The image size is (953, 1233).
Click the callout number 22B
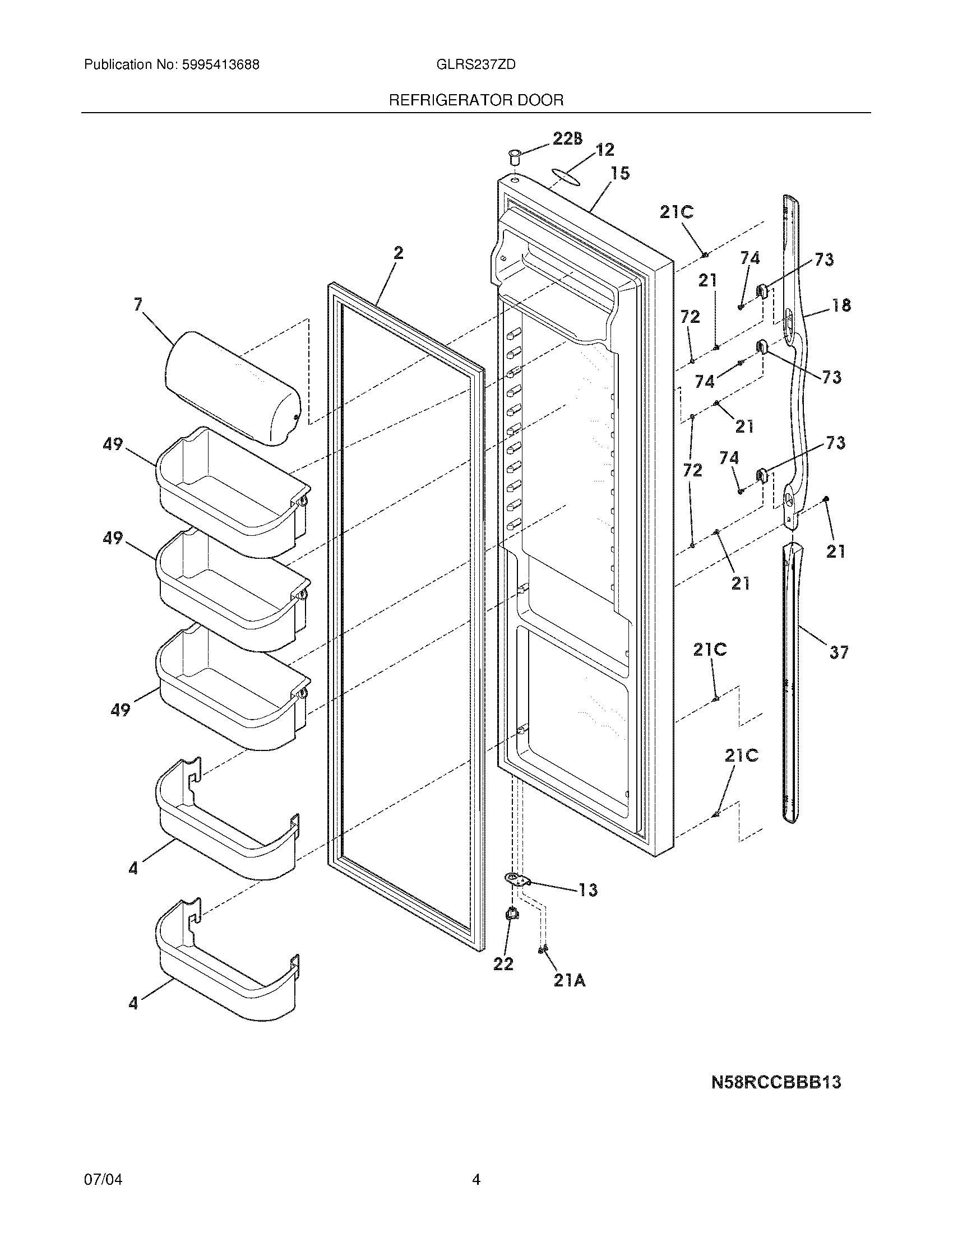567,138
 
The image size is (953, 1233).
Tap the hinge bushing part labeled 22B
513,156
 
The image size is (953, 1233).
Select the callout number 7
138,305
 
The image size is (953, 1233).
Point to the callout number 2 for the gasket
399,253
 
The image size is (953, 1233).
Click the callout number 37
839,652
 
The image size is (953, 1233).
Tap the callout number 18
841,305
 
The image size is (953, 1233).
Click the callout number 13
587,890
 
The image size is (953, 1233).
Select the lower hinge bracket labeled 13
517,879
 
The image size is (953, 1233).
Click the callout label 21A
569,981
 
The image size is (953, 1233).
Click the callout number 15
620,173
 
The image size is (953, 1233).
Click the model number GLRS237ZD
476,64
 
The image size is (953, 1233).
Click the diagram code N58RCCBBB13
776,1082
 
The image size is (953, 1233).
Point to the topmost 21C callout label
677,212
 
